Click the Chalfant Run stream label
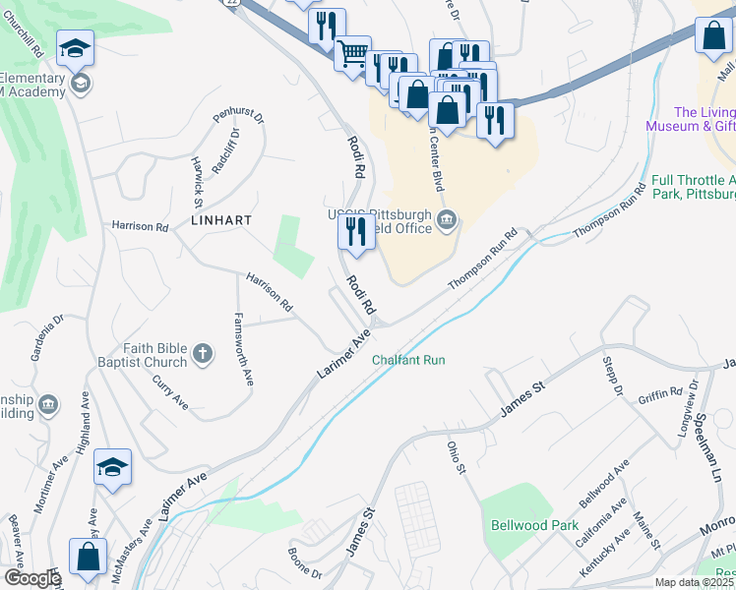coord(408,360)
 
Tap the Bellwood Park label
coord(534,525)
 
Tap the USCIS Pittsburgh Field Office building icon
coord(447,218)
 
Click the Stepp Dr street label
coord(612,375)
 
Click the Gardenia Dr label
coord(46,337)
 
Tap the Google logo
coord(31,578)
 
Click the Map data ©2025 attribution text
coord(694,582)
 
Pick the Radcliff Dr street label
coord(224,147)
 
